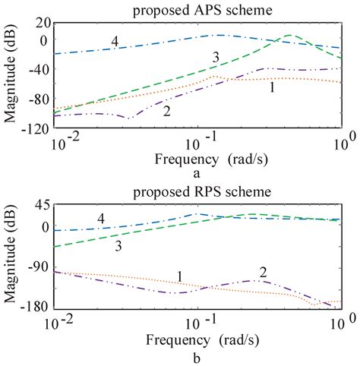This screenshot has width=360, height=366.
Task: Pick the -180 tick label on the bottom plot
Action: point(34,308)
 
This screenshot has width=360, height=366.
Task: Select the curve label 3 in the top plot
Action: point(216,58)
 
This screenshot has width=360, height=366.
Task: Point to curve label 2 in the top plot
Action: point(166,111)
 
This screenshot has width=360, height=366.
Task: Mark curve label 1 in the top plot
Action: point(271,89)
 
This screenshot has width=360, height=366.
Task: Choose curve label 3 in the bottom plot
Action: point(118,247)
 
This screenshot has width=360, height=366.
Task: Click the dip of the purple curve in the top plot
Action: point(127,118)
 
